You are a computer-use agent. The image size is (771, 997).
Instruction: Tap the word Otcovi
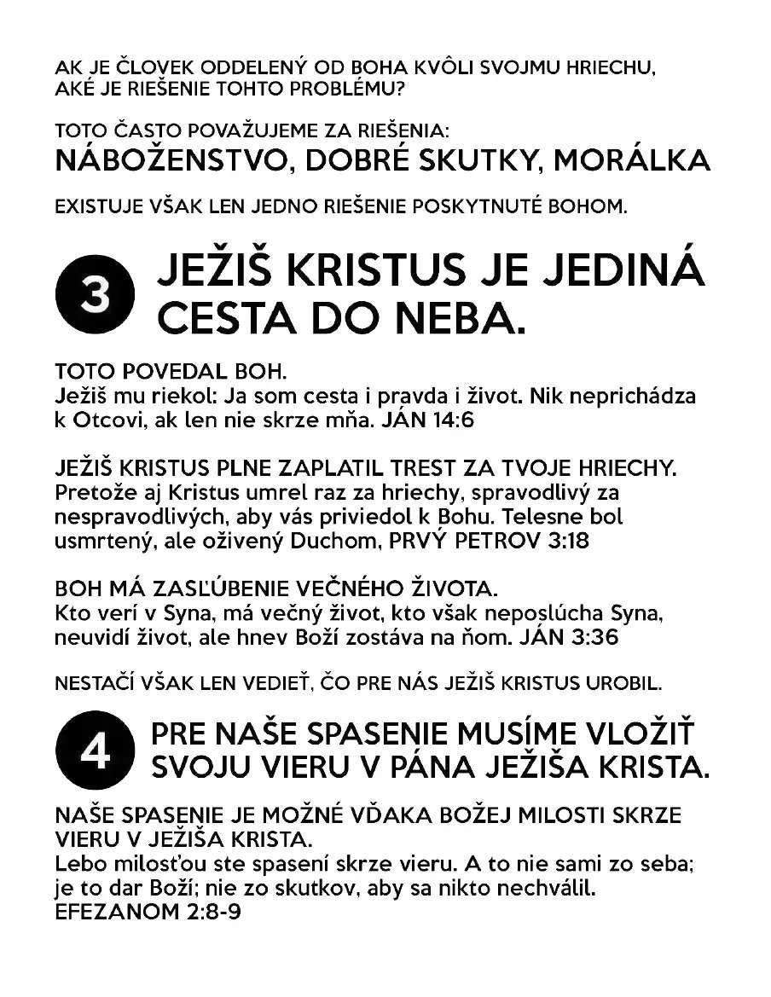click(x=110, y=419)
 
